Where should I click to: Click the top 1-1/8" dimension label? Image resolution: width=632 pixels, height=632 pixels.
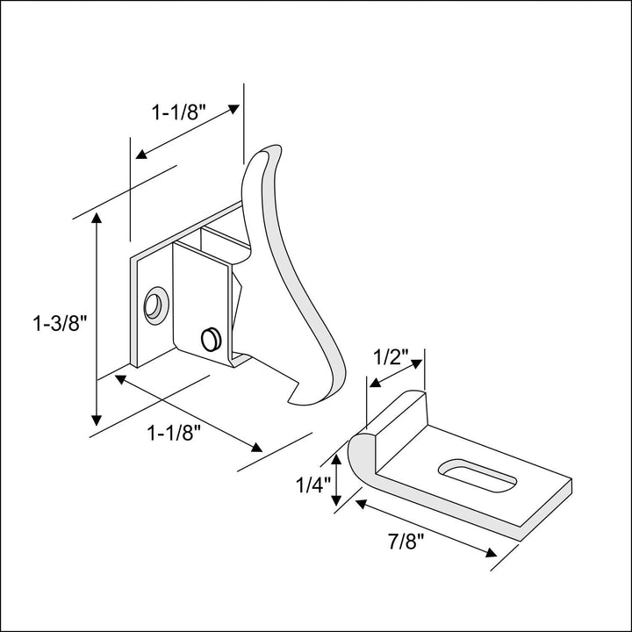point(178,112)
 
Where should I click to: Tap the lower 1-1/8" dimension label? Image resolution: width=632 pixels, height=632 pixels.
point(174,432)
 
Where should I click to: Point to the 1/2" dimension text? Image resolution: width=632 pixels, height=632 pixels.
point(391,357)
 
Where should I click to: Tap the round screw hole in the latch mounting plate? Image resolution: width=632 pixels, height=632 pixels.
point(155,305)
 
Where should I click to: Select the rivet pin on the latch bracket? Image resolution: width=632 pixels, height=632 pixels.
point(210,339)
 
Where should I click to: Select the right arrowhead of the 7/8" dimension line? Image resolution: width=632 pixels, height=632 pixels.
point(489,553)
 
